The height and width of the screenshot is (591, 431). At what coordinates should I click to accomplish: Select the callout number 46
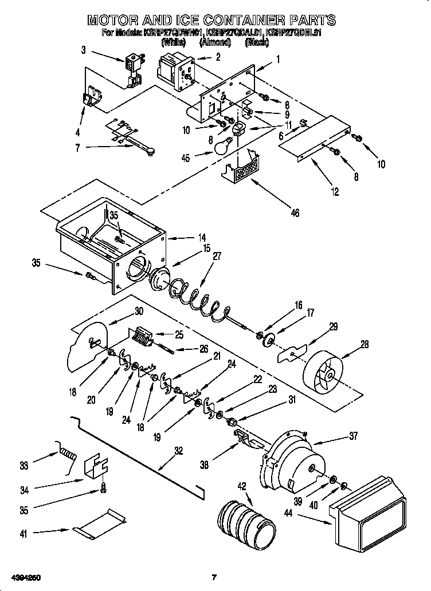[295, 214]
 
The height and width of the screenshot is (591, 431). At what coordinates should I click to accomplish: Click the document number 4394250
[23, 577]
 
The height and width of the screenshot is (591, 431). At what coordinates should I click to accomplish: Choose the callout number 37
[352, 437]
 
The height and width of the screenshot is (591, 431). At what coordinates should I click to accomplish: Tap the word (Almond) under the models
[214, 42]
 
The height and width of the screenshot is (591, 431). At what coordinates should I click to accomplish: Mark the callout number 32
[179, 451]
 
